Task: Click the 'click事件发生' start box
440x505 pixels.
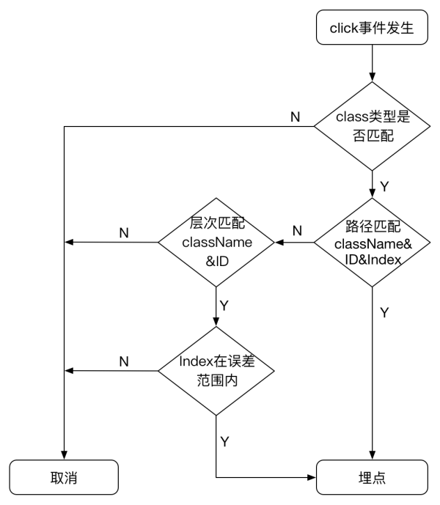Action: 372,27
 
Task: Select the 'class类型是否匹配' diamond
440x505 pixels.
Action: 372,126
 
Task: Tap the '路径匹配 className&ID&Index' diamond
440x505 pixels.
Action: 372,242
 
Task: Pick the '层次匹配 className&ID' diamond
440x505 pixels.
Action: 216,242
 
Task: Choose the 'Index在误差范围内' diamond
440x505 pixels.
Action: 216,371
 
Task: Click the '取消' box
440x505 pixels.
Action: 64,477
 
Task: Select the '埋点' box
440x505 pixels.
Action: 372,477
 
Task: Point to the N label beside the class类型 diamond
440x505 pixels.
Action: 296,117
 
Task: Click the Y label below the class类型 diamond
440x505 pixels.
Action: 384,186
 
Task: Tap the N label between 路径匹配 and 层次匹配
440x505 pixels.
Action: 297,231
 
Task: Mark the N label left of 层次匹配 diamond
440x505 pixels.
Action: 124,233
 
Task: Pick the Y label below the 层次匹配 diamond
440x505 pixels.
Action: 224,306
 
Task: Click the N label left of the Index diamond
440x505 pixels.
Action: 124,361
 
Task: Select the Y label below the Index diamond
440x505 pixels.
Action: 224,441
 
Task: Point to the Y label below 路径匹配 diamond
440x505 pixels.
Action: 384,313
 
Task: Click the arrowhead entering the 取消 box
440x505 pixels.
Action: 64,455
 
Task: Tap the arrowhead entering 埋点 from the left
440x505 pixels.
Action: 312,477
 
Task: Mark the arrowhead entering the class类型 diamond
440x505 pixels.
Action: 372,77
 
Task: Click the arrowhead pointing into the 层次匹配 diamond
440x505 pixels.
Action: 279,242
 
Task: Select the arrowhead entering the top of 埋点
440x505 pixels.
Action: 372,455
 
